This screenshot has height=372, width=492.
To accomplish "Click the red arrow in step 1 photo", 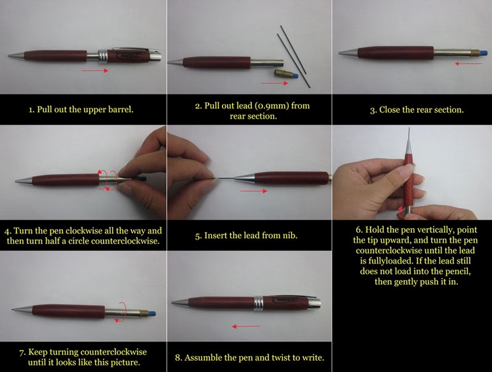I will click(96, 70).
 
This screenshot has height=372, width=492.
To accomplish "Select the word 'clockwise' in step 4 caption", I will click(91, 231).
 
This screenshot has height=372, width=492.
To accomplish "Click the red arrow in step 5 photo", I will click(254, 191).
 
